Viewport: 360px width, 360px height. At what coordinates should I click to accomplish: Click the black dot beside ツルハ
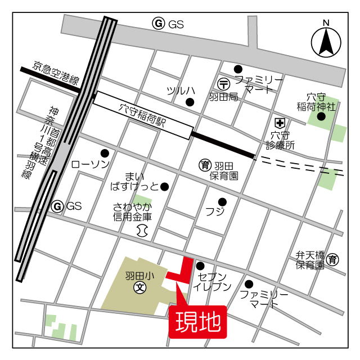coord(190,102)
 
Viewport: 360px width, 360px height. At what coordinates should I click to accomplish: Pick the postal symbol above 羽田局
coord(224,83)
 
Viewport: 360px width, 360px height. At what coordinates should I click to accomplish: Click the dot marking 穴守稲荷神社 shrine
coord(321,116)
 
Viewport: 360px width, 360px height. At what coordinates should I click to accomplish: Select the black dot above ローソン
coord(104,153)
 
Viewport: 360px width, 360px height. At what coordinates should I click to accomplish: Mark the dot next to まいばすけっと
coord(164,186)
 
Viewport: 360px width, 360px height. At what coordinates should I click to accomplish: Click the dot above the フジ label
coord(222,202)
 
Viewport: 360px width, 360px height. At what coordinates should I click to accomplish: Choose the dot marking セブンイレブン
coord(200,266)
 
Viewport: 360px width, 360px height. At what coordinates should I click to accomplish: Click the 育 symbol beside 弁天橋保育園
coord(333,259)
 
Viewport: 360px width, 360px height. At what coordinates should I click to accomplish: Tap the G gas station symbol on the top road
coord(159,24)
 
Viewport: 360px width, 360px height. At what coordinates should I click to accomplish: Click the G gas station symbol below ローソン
coord(57,206)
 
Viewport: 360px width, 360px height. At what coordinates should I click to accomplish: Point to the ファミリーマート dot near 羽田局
coord(238,69)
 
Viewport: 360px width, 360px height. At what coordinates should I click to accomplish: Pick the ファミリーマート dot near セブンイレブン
coord(249,283)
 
